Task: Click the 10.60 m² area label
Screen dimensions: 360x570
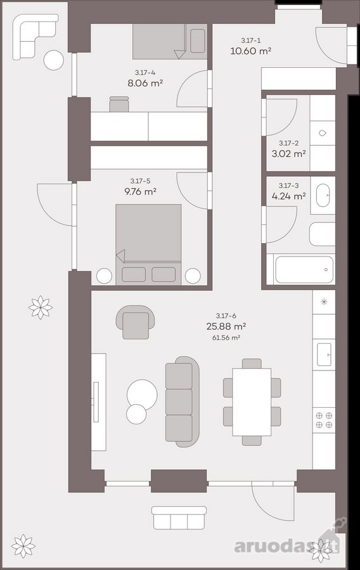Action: pyautogui.click(x=251, y=51)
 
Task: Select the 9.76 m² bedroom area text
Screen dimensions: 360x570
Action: pyautogui.click(x=140, y=191)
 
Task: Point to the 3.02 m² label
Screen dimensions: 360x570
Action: pyautogui.click(x=288, y=153)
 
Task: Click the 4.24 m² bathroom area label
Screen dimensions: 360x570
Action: pyautogui.click(x=288, y=196)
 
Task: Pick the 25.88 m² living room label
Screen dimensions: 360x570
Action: pyautogui.click(x=226, y=326)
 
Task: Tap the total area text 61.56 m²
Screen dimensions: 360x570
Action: pyautogui.click(x=226, y=338)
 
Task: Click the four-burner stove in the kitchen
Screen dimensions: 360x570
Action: pyautogui.click(x=324, y=420)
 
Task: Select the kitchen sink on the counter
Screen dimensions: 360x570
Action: pyautogui.click(x=324, y=354)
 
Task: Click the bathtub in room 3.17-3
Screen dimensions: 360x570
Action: pyautogui.click(x=304, y=269)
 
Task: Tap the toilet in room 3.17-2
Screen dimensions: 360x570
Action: pyautogui.click(x=323, y=133)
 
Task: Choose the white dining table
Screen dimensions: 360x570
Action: pyautogui.click(x=252, y=402)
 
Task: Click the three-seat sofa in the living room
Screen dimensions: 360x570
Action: pyautogui.click(x=182, y=402)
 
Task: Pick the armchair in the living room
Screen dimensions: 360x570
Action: pyautogui.click(x=136, y=322)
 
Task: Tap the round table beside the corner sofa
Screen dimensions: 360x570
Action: pyautogui.click(x=54, y=59)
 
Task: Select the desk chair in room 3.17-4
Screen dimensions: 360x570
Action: pyautogui.click(x=119, y=104)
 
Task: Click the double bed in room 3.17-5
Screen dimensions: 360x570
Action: pyautogui.click(x=148, y=244)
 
